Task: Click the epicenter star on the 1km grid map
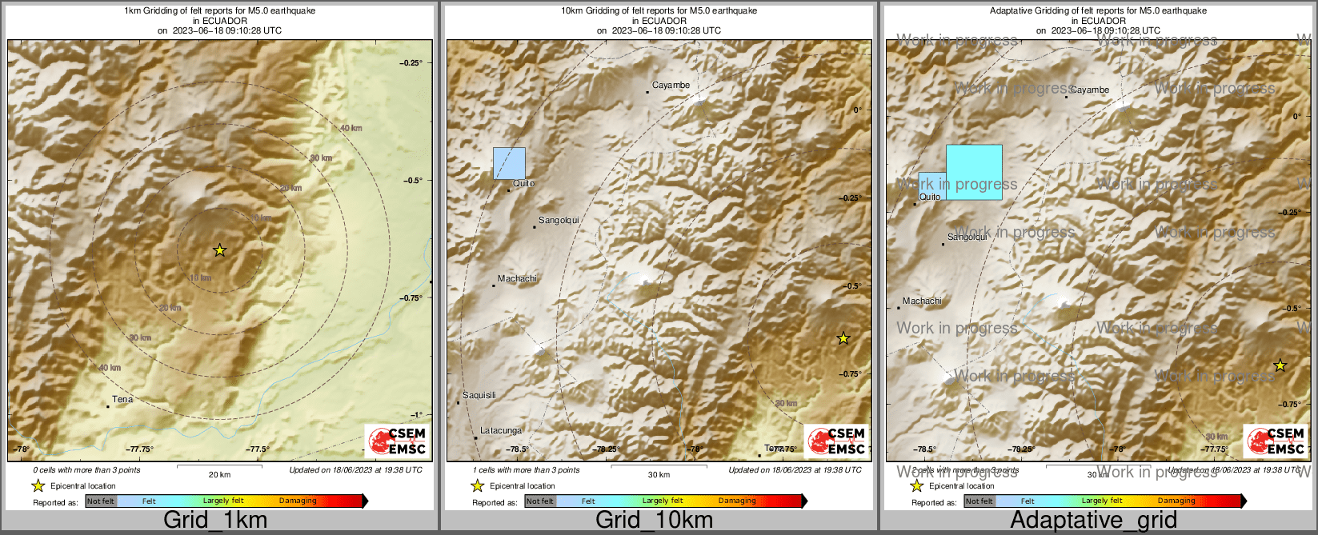coord(220,250)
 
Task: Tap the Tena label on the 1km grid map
coord(122,399)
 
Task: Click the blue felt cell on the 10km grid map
coord(509,163)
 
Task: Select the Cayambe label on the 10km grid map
coord(671,85)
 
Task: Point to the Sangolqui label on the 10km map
coord(558,220)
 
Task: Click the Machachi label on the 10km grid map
coord(517,278)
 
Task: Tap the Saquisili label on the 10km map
coord(479,395)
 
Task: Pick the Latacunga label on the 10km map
coord(501,430)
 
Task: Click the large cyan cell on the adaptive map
coord(974,172)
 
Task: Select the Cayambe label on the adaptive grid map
coord(1089,90)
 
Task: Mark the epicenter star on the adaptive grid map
coord(1280,365)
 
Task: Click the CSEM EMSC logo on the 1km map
coord(398,441)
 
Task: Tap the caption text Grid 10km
coord(654,521)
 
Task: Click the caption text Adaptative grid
coord(1093,521)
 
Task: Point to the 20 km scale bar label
coord(219,475)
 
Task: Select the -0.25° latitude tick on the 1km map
coord(412,62)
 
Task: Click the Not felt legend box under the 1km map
coord(101,501)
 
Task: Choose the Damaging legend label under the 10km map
coord(737,501)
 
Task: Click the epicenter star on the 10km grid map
coord(843,338)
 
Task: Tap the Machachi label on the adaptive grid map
coord(922,301)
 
